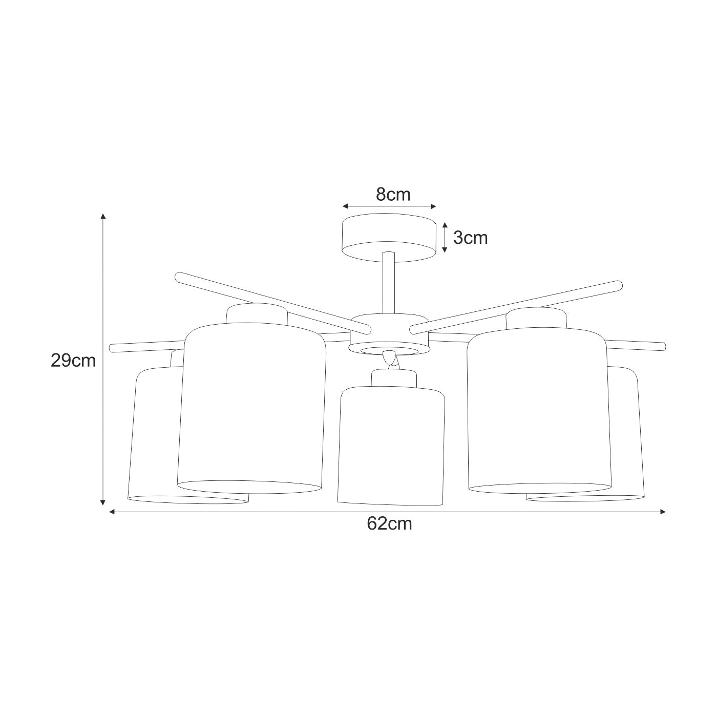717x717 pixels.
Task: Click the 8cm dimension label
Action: tap(393, 195)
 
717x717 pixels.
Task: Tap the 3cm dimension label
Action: tap(470, 238)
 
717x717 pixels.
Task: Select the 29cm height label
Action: tap(73, 361)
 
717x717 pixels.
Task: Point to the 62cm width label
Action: tap(390, 524)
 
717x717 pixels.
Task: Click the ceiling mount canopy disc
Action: tap(389, 238)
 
